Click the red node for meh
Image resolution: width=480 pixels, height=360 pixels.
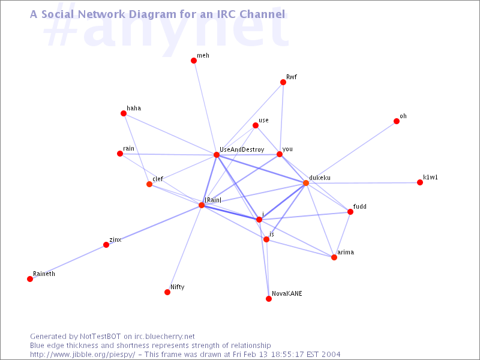[193, 61]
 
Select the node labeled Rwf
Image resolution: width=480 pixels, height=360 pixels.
[283, 82]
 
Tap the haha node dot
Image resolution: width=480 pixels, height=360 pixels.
[124, 113]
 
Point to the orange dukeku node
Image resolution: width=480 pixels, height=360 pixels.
[306, 183]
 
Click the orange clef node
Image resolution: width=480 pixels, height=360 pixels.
[149, 184]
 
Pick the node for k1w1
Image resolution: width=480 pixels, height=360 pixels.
[420, 182]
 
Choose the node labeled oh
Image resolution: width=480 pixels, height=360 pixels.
[397, 121]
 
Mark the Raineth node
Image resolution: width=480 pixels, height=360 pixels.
[30, 279]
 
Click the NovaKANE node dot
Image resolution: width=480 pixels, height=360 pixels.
[269, 299]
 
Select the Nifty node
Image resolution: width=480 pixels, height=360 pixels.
[167, 292]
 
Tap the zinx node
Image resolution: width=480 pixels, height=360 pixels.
[106, 245]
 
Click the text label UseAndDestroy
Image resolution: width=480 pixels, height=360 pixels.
[242, 149]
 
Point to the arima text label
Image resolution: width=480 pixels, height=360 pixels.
[346, 252]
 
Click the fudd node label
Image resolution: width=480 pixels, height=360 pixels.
[359, 206]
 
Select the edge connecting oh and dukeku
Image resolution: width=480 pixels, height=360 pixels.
[351, 152]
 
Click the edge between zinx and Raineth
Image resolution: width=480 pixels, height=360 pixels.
[68, 262]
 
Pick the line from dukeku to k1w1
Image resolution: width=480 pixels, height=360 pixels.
[363, 183]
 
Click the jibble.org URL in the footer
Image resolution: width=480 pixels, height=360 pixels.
[82, 355]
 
